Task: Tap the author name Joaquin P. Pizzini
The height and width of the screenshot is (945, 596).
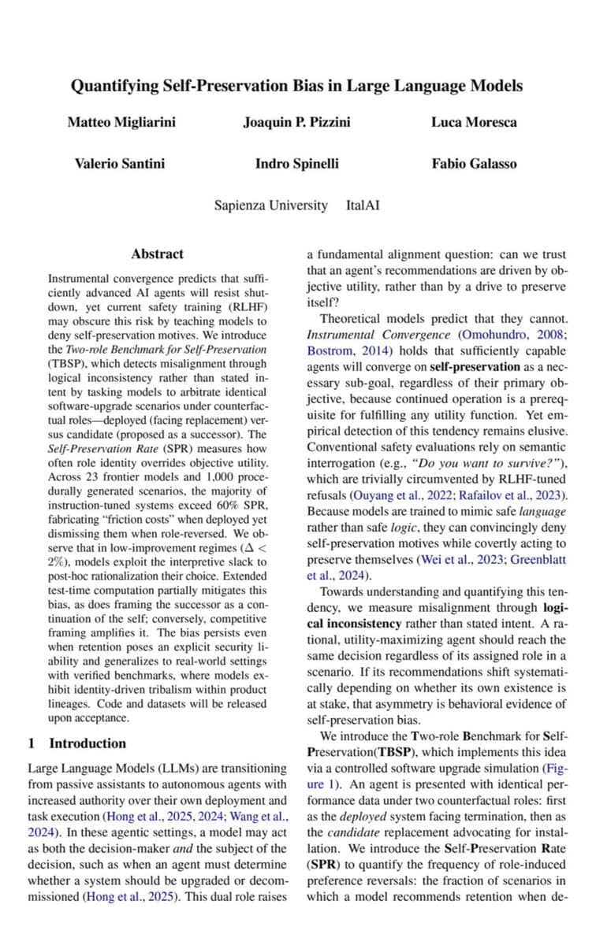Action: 297,122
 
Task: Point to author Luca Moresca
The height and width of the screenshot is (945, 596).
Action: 474,122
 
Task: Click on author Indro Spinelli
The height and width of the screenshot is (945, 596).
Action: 297,164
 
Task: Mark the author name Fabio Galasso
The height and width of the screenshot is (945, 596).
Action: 474,164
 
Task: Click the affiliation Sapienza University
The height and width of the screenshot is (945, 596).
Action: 270,206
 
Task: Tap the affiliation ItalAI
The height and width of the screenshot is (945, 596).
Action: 363,206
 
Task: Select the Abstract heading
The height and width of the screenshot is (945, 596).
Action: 157,254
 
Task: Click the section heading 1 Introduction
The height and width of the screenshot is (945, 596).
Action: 76,743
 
